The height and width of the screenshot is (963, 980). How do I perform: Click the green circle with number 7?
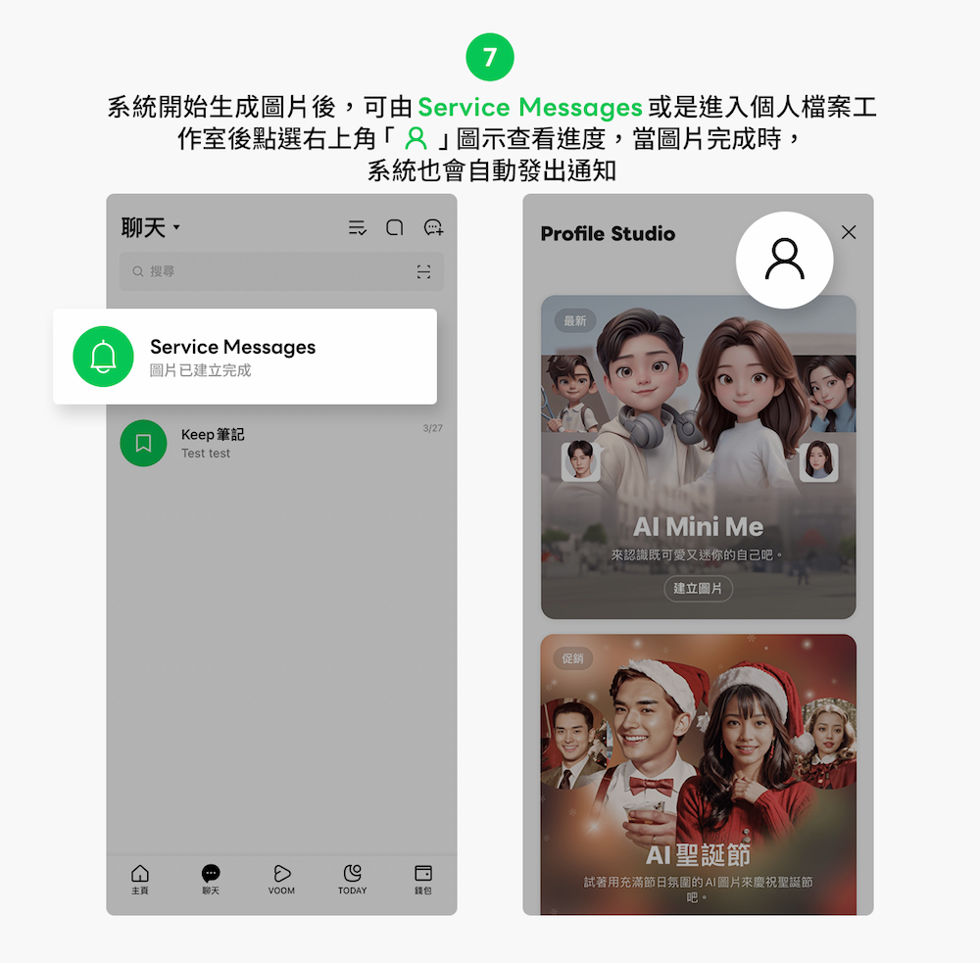point(490,57)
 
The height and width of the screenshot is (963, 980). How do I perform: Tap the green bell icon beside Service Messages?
point(103,357)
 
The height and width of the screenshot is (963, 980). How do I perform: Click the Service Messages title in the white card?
point(232,347)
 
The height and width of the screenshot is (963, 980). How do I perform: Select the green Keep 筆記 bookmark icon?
point(143,443)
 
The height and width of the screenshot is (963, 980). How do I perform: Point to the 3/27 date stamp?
point(432,428)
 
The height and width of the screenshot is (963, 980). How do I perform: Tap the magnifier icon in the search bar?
point(137,271)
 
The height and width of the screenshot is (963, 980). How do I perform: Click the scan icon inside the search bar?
point(423,271)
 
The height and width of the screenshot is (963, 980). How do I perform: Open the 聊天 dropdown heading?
point(151,227)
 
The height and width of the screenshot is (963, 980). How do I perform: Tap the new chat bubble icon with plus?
point(433,227)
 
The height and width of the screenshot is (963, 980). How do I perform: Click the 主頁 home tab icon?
point(140,873)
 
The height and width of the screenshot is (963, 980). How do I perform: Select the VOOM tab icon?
point(282,873)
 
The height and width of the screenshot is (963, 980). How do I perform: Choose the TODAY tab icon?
point(353,873)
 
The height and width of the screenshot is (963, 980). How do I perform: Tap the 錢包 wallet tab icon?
point(423,873)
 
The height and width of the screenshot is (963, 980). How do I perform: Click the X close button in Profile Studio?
point(849,232)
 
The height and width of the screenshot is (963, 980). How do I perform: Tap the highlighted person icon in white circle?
point(784,260)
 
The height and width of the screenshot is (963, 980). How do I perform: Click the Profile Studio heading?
point(608,234)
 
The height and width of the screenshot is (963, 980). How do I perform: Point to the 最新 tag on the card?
point(575,321)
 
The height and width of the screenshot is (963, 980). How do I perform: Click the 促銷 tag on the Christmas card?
point(572,658)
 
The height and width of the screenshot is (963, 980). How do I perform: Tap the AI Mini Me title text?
point(698,527)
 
